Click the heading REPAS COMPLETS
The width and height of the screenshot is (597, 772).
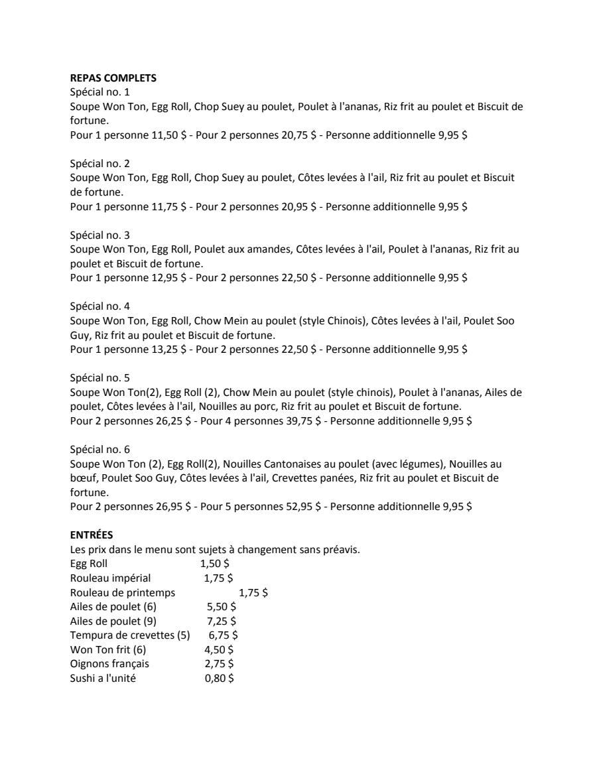pyautogui.click(x=113, y=78)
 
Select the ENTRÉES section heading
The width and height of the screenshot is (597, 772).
pyautogui.click(x=92, y=535)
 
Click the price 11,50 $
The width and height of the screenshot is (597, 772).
pyautogui.click(x=169, y=135)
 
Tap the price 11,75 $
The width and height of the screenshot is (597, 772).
pyautogui.click(x=169, y=206)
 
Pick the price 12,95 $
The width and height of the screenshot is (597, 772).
pyautogui.click(x=169, y=278)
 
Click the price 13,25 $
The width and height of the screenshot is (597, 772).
pyautogui.click(x=169, y=350)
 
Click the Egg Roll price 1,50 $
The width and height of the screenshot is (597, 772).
pyautogui.click(x=215, y=564)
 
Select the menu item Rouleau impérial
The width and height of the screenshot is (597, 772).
pyautogui.click(x=110, y=578)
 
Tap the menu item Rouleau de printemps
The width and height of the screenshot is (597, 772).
pyautogui.click(x=123, y=592)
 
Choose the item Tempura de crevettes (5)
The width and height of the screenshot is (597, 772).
pyautogui.click(x=130, y=635)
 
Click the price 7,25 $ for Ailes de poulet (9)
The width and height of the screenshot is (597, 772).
pyautogui.click(x=222, y=621)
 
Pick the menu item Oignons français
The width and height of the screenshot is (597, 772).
pyautogui.click(x=109, y=664)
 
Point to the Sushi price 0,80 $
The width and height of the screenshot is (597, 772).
pyautogui.click(x=219, y=678)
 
